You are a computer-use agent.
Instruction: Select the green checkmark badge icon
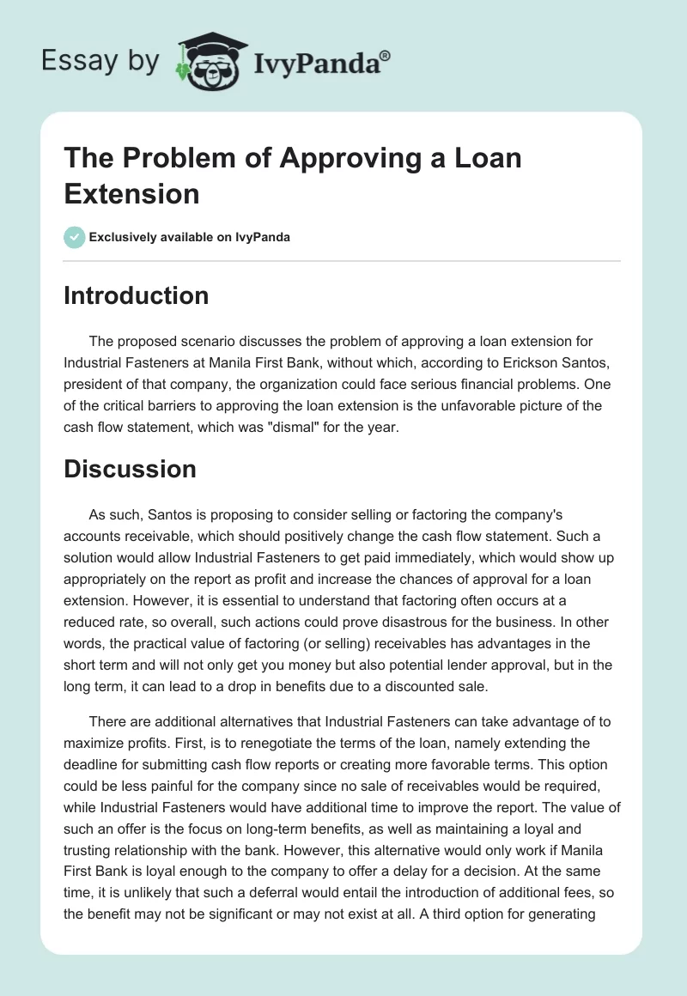tap(75, 237)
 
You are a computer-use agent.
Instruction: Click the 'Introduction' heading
tap(137, 295)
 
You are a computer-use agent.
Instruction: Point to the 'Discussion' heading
tap(130, 469)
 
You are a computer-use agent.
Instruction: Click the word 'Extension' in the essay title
tap(131, 193)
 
